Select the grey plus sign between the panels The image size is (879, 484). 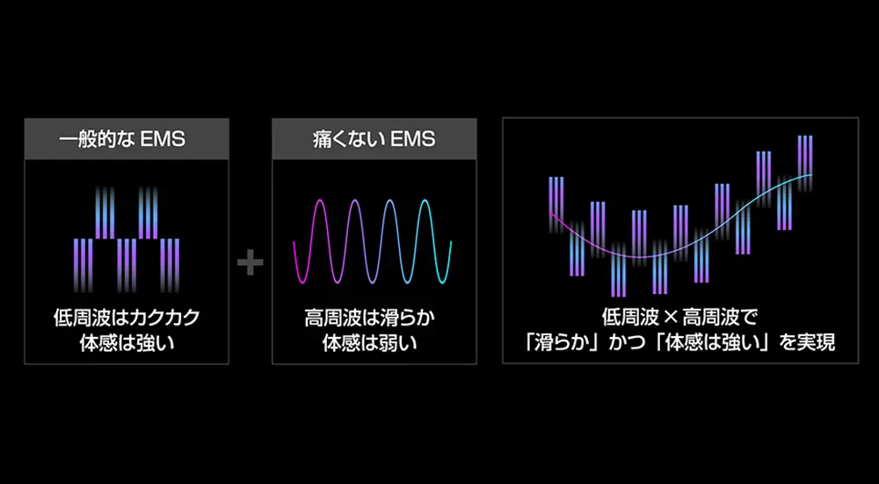click(x=251, y=262)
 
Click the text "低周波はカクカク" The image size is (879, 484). click(x=127, y=318)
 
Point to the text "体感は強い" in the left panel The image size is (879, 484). click(x=127, y=342)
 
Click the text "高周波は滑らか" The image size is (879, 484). click(x=374, y=318)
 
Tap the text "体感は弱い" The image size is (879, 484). click(x=374, y=342)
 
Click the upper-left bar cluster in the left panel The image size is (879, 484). click(x=105, y=211)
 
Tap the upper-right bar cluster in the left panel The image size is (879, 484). click(x=147, y=211)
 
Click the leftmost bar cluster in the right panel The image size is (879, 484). click(x=556, y=202)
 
